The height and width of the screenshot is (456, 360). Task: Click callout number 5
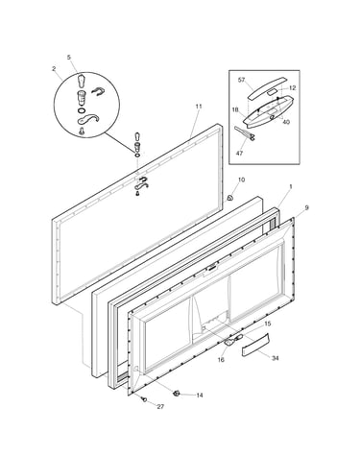[x=69, y=58]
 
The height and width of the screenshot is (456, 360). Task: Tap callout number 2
[x=54, y=68]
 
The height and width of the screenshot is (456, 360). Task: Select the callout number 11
[x=199, y=107]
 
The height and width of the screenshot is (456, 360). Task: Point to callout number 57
[x=241, y=80]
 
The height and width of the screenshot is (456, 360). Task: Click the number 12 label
[x=292, y=88]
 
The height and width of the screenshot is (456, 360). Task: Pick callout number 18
[x=235, y=109]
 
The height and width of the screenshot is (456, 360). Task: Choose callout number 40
[x=286, y=122]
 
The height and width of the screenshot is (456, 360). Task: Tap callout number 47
[x=239, y=153]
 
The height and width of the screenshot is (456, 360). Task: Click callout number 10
[x=241, y=180]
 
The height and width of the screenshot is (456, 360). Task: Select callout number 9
[x=306, y=208]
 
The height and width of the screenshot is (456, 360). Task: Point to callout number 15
[x=267, y=324]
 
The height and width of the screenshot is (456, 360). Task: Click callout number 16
[x=221, y=360]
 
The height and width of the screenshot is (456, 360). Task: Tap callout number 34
[x=276, y=358]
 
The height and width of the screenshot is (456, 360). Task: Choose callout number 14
[x=200, y=396]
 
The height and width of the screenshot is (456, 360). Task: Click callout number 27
[x=160, y=407]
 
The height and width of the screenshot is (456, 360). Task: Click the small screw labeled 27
[x=144, y=399]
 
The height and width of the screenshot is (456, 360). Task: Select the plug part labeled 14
[x=176, y=393]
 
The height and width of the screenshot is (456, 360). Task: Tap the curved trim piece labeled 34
[x=255, y=345]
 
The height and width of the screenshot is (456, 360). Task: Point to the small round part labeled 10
[x=229, y=198]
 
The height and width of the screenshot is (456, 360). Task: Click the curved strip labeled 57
[x=265, y=87]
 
